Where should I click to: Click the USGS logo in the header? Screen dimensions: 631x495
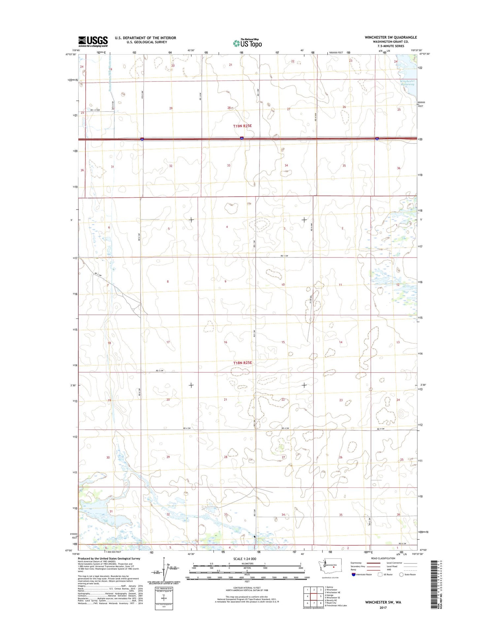93,41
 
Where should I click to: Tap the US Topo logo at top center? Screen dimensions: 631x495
247,43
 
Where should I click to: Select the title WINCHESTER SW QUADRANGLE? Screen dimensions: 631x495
390,37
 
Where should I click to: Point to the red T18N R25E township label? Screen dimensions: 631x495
243,363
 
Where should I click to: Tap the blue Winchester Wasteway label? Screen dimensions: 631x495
407,83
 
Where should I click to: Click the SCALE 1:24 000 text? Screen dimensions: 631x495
245,559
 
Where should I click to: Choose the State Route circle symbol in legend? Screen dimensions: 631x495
401,574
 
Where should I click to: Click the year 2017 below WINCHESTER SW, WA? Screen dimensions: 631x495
383,608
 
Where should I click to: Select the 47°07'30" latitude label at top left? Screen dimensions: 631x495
71,54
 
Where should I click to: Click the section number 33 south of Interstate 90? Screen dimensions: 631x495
228,165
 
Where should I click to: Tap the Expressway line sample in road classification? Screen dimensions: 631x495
373,563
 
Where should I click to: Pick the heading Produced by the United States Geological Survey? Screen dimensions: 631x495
109,558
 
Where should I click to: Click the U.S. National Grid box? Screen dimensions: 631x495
164,598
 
